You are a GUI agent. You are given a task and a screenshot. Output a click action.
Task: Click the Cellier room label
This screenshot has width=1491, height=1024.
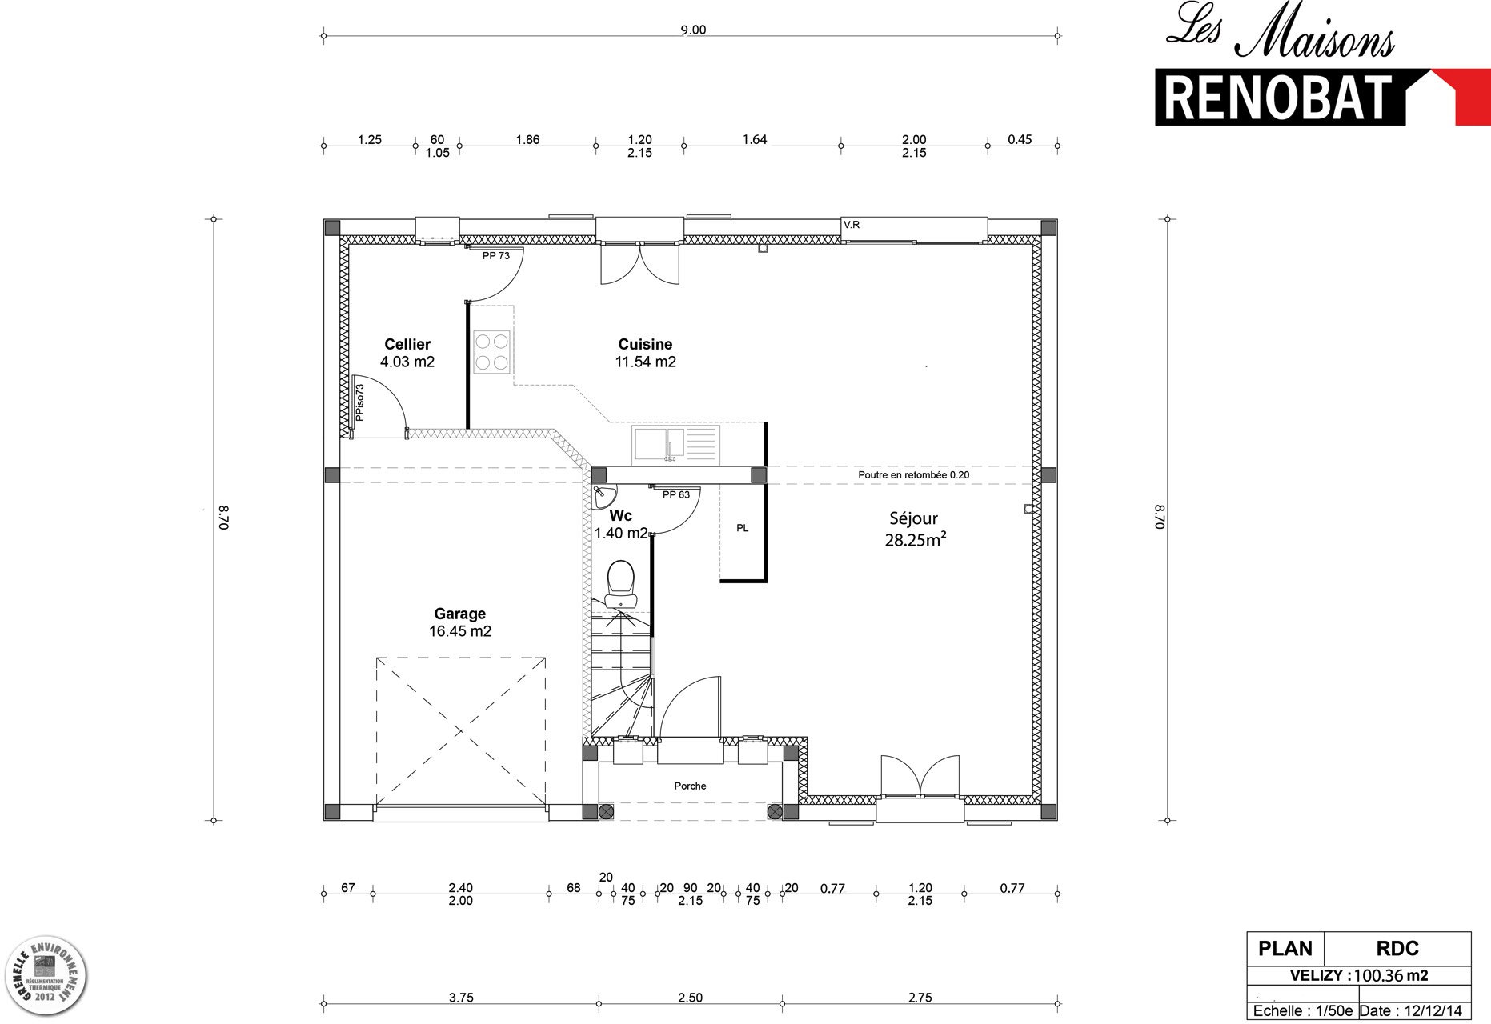(407, 345)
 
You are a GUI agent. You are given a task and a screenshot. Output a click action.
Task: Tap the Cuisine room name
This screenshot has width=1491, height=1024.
(645, 345)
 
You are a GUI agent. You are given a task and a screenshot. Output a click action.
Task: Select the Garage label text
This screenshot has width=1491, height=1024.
(460, 614)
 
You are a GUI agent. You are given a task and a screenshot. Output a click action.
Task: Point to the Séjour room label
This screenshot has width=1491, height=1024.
(913, 518)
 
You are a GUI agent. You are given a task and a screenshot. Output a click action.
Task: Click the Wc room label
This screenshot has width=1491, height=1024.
(621, 516)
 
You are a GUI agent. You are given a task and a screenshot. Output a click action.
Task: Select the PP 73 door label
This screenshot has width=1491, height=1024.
(496, 256)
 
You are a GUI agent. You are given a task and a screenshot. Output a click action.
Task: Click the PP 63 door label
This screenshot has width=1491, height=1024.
(676, 495)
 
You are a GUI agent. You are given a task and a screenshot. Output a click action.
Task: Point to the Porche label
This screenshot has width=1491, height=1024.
(690, 786)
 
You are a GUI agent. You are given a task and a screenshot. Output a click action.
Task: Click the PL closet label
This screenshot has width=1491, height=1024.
(743, 528)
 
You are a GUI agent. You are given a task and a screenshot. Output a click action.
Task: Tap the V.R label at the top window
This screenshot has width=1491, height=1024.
(852, 225)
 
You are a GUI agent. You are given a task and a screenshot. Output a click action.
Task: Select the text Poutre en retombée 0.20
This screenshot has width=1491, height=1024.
(913, 475)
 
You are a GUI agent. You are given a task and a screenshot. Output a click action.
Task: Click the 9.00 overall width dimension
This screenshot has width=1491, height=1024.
(693, 30)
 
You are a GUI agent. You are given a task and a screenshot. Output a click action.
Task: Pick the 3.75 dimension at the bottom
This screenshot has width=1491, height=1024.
(461, 998)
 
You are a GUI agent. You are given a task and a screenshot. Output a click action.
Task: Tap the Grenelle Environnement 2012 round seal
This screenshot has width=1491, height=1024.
(46, 977)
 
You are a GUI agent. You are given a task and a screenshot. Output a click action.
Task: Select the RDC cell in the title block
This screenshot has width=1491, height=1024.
(1397, 949)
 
